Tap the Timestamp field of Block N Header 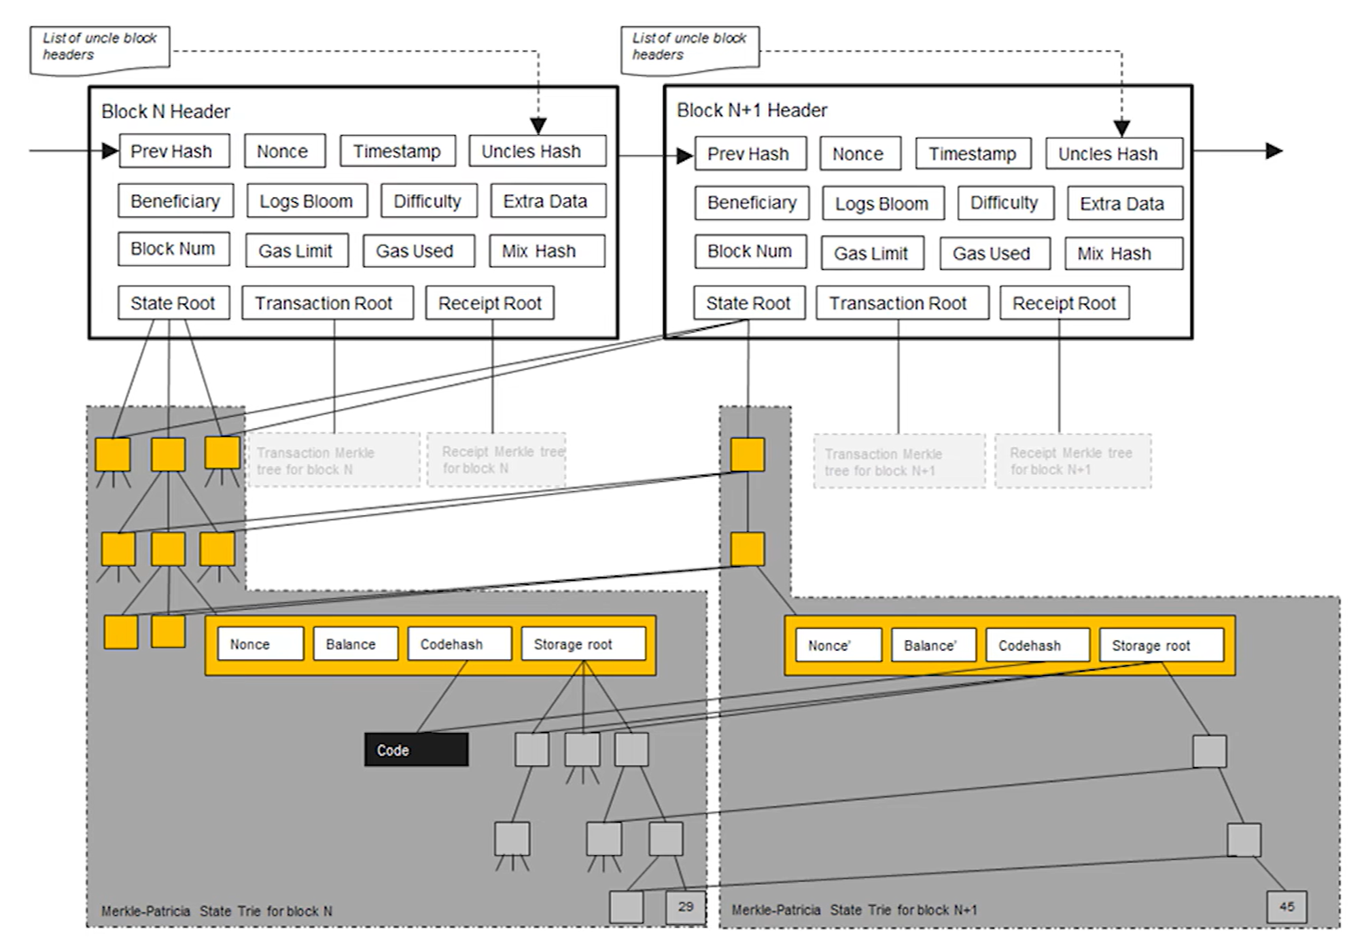coord(398,151)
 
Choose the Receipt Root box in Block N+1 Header coord(1064,303)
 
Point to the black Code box coord(416,749)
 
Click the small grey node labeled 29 coord(686,906)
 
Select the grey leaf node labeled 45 coord(1287,906)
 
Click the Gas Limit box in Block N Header coord(296,251)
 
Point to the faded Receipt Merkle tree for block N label coord(496,460)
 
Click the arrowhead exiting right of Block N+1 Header coord(1274,151)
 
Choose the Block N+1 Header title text coord(752,110)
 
